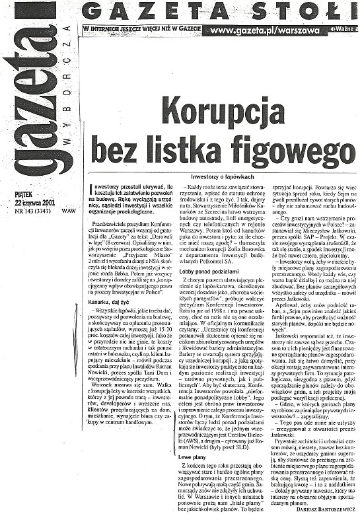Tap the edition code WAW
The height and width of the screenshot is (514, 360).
[67, 211]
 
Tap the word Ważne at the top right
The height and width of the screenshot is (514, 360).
[343, 31]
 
